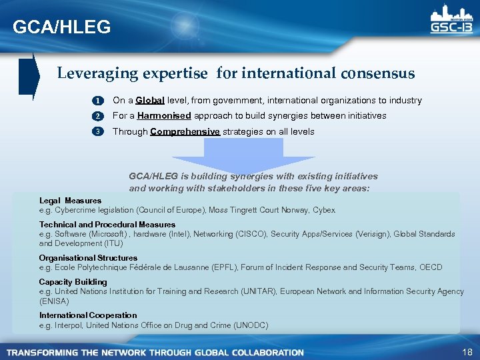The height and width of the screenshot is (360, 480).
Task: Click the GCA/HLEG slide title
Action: (x=62, y=27)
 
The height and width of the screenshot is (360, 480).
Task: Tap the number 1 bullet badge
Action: (x=97, y=101)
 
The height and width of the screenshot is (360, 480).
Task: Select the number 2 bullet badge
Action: (x=97, y=116)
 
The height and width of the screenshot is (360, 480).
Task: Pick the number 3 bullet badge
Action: (x=97, y=131)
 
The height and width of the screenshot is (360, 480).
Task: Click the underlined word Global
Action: (x=150, y=101)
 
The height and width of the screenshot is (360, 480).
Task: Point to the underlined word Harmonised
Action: (x=164, y=116)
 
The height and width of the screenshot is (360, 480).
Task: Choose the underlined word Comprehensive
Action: (x=185, y=131)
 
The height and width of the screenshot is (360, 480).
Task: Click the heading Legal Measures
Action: (x=70, y=200)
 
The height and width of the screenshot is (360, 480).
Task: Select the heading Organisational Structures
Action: (x=88, y=258)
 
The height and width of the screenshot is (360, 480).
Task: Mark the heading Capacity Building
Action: (x=73, y=282)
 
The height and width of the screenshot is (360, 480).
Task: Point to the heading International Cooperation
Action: (x=88, y=315)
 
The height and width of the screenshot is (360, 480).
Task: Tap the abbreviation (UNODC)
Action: (x=251, y=325)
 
